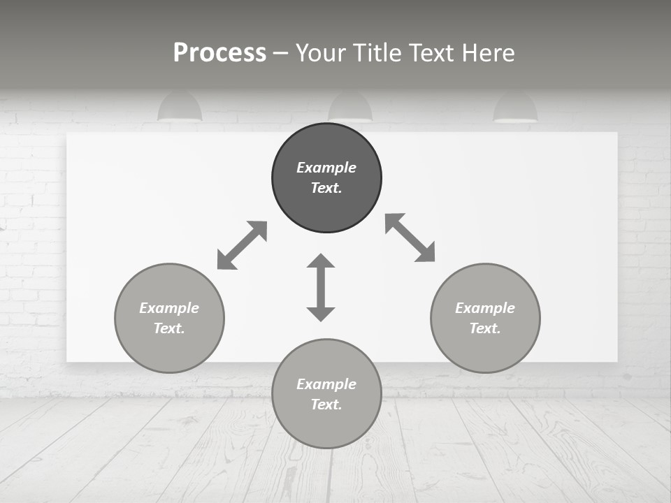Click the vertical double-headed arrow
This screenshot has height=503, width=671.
pos(321,288)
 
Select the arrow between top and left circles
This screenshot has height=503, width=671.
pos(242,245)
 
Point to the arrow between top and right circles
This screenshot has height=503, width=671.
pos(410,238)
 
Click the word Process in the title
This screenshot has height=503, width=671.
pos(219,53)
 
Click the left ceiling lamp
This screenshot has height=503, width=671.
pos(180,108)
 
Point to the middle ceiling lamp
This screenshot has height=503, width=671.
pos(350,107)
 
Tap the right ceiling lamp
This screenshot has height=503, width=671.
pos(515,108)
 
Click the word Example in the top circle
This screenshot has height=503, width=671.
pos(326,168)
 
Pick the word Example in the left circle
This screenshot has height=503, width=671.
pos(169,308)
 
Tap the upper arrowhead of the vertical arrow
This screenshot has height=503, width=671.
pos(321,261)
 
